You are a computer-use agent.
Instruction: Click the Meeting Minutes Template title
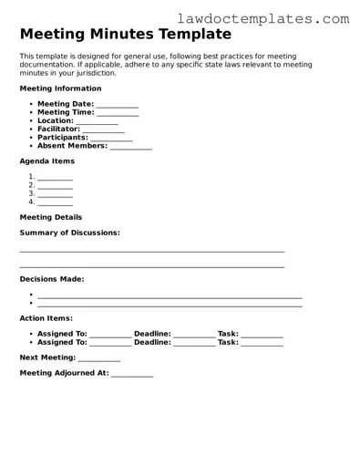point(125,35)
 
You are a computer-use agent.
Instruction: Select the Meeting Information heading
point(60,88)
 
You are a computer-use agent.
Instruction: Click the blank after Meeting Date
point(117,105)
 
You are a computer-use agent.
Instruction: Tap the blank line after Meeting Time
point(118,113)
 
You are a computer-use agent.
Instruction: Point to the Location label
point(55,120)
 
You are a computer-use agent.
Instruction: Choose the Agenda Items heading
point(46,161)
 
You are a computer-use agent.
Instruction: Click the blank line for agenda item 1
point(55,178)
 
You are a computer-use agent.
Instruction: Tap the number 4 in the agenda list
point(31,202)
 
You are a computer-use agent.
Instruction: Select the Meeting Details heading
point(51,217)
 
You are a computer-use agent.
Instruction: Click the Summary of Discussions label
point(69,233)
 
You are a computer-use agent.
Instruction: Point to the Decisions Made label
point(52,279)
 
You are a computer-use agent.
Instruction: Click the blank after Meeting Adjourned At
point(132,373)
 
